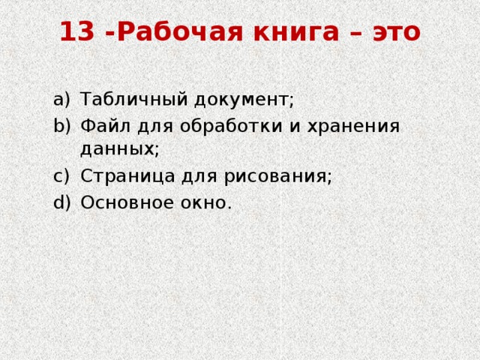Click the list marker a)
pos(62,99)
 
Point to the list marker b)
pos(62,124)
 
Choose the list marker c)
pos(62,175)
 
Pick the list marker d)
pos(62,202)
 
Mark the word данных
pos(119,148)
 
